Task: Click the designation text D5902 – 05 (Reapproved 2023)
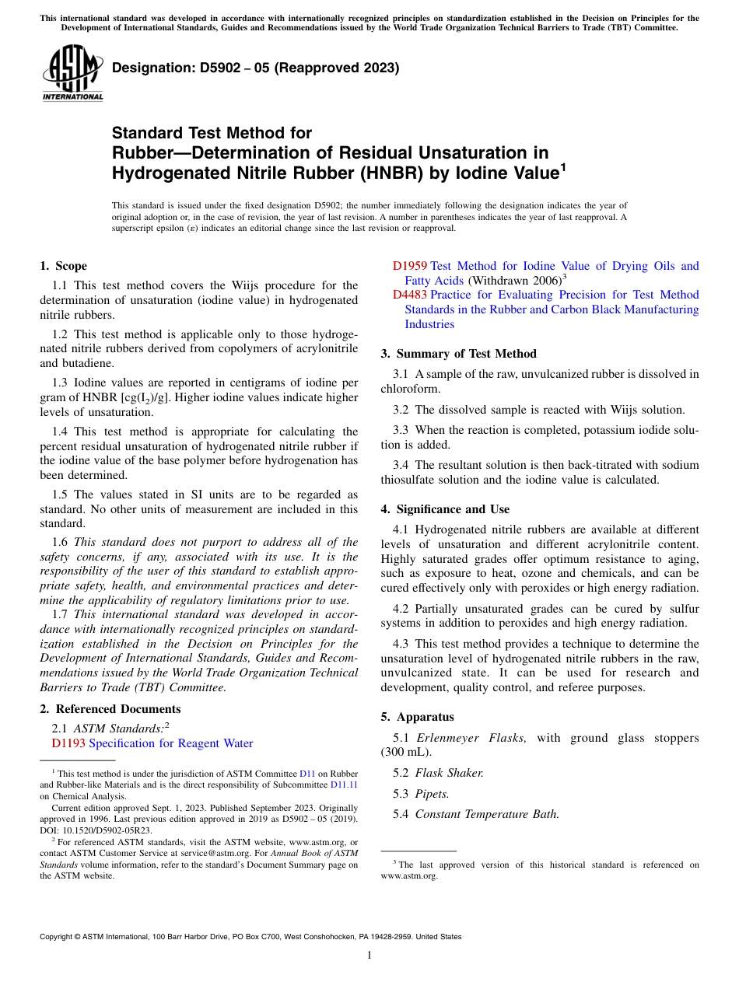click(255, 68)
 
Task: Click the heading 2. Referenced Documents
click(110, 709)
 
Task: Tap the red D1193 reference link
click(68, 743)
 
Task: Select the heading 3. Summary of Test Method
click(458, 354)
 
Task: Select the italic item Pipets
click(432, 794)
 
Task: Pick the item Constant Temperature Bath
click(487, 814)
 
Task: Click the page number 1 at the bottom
click(369, 956)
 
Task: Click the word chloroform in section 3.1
click(411, 389)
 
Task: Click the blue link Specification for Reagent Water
click(171, 743)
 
